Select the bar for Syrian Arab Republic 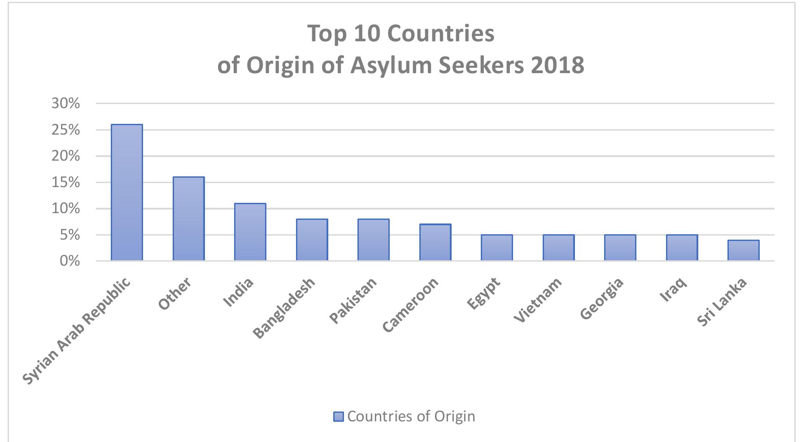tap(127, 193)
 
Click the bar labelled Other tap(188, 219)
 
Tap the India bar tap(250, 232)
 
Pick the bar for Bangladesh tap(312, 240)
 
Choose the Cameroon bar tap(435, 242)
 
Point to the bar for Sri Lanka tap(743, 250)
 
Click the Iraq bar tap(682, 248)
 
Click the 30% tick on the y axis tap(65, 104)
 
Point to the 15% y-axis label tap(65, 183)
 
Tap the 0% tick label tap(70, 261)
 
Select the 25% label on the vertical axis tap(65, 130)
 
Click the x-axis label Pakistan tap(353, 300)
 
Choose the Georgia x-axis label tap(602, 298)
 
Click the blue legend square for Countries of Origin tap(338, 416)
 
